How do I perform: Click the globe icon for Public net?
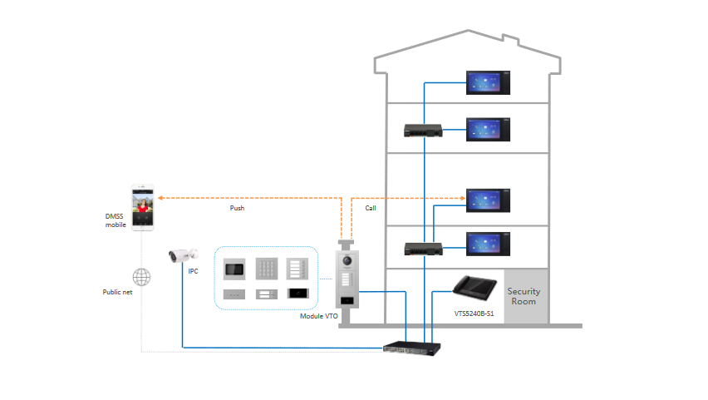click(142, 275)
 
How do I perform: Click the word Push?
click(237, 208)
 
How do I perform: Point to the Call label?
click(371, 208)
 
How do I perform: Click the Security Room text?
click(524, 296)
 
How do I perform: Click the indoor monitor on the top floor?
click(488, 81)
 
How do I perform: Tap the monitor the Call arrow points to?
click(488, 200)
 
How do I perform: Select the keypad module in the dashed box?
click(267, 268)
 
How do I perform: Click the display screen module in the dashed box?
click(234, 268)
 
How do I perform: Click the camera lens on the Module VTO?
click(345, 263)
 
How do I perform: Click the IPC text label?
click(193, 272)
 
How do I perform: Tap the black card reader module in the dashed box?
click(299, 293)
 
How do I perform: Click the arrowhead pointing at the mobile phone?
click(161, 198)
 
